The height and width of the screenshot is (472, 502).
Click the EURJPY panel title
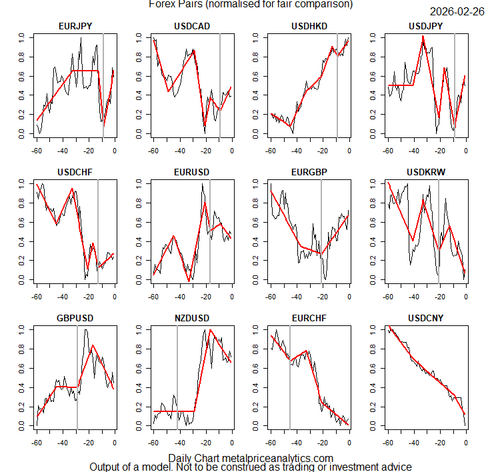(x=75, y=26)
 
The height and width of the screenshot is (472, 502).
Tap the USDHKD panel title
(x=309, y=26)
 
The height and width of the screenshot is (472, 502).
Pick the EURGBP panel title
(x=309, y=172)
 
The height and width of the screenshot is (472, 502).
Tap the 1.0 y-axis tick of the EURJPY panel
(x=22, y=37)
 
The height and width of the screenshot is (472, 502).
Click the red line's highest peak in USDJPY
(x=423, y=37)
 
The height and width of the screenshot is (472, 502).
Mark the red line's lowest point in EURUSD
(x=189, y=281)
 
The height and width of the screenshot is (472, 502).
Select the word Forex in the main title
(x=163, y=4)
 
